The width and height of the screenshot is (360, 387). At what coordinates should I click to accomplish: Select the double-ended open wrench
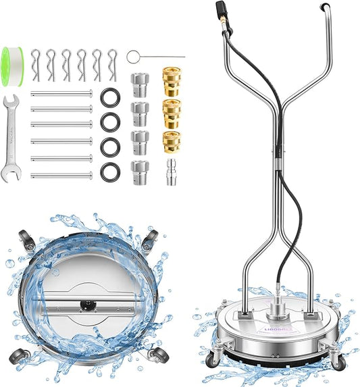click(x=11, y=138)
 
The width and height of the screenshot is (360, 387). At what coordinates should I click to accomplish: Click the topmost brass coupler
click(x=172, y=78)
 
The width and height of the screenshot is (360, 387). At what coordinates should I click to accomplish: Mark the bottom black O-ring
click(x=110, y=172)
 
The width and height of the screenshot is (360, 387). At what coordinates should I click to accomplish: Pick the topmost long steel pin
click(x=61, y=94)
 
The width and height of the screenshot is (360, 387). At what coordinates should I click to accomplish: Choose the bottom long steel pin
click(x=61, y=176)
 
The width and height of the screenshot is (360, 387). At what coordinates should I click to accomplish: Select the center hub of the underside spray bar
click(x=86, y=305)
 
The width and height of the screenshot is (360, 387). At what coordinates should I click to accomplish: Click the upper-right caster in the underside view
click(x=151, y=238)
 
